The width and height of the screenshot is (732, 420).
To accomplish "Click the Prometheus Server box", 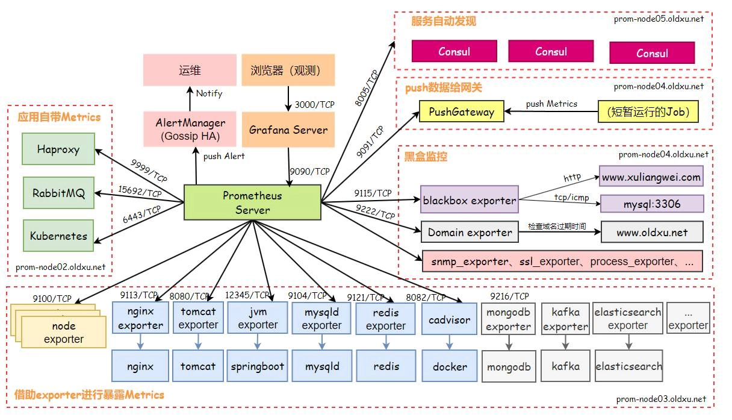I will click(252, 202).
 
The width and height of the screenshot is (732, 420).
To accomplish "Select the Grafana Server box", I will click(288, 130).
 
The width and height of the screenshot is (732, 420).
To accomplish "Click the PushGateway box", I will click(461, 111).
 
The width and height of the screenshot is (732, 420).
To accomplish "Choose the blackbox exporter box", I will click(470, 200).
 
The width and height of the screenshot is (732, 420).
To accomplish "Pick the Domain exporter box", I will click(470, 232).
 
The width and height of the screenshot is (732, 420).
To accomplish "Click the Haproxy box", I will click(58, 149).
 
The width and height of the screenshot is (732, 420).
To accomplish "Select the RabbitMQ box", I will click(58, 193).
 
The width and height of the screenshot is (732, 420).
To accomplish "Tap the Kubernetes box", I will click(58, 236).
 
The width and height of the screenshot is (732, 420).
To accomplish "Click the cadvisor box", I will click(450, 320).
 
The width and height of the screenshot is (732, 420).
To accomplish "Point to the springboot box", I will click(258, 366).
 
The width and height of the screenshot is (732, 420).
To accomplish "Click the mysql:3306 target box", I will click(652, 204).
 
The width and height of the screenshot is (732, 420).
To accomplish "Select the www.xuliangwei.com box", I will click(651, 177).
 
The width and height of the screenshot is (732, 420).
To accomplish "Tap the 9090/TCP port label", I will click(309, 171).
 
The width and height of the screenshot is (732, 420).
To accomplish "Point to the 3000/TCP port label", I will click(314, 104).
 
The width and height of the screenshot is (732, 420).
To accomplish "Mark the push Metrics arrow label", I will click(551, 104).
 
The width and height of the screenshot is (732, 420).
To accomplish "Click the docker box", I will click(450, 366).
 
